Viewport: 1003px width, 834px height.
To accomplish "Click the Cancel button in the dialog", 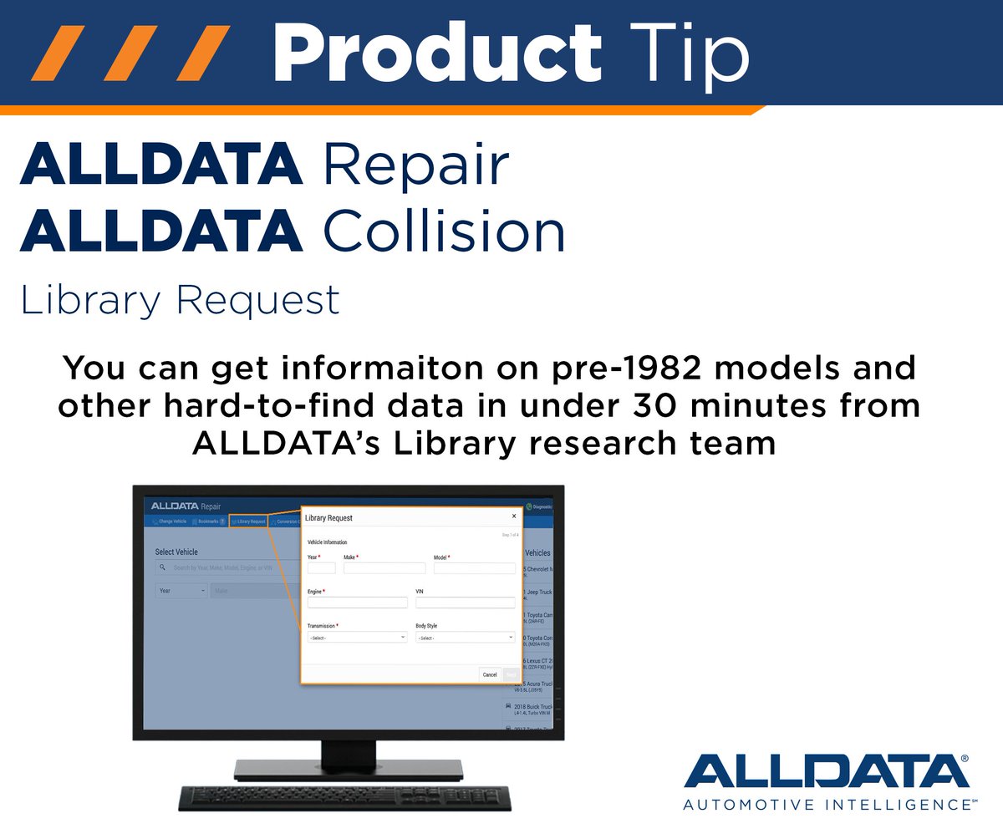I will [490, 674].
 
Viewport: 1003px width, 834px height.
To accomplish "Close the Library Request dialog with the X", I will [514, 516].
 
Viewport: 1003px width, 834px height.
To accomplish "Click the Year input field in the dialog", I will [322, 568].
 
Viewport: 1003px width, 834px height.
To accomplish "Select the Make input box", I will [384, 568].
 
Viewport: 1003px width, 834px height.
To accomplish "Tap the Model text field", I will [474, 568].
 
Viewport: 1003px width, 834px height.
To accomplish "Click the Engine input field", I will [357, 602].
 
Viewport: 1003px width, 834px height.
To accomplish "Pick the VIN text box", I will [465, 602].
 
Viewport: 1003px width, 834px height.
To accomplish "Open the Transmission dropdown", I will [357, 638].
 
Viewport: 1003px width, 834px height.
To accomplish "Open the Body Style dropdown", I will [465, 638].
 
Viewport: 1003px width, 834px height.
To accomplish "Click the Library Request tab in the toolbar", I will [248, 521].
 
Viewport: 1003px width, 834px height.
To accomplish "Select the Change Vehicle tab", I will [170, 521].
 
